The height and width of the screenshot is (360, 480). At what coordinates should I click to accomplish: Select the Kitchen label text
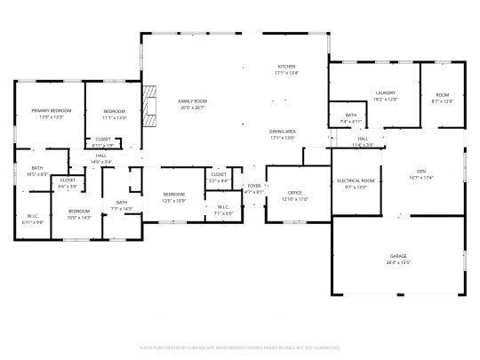tap(286, 68)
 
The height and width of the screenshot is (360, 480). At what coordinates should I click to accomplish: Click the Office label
tap(296, 193)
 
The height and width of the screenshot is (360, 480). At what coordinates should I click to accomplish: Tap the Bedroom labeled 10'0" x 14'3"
tap(79, 216)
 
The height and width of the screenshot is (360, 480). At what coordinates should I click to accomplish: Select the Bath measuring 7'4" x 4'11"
tap(350, 120)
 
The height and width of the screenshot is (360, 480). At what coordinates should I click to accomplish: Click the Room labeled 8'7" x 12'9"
tap(442, 100)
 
